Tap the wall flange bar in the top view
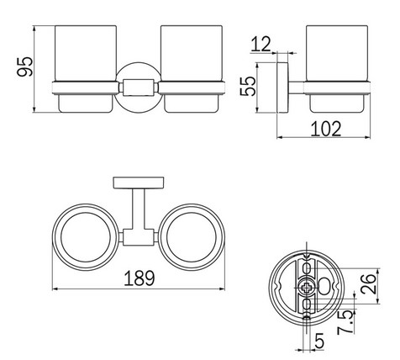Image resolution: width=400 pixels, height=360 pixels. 139,183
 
